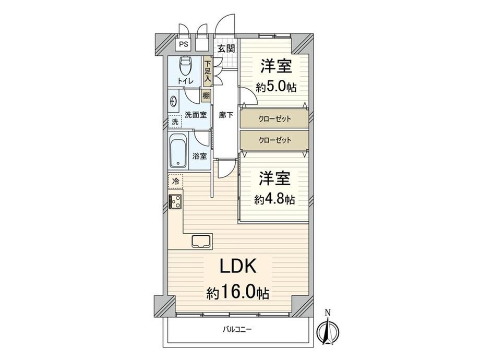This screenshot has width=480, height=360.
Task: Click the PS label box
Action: tap(183, 44)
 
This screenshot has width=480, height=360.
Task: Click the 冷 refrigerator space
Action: tap(175, 181)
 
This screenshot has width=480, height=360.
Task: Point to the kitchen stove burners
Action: tap(175, 201)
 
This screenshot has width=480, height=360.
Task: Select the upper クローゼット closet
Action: tap(274, 119)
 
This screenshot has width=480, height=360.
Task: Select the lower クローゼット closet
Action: tap(274, 140)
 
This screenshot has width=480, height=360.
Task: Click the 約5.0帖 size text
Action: tap(276, 87)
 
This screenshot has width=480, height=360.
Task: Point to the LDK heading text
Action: tap(237, 267)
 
